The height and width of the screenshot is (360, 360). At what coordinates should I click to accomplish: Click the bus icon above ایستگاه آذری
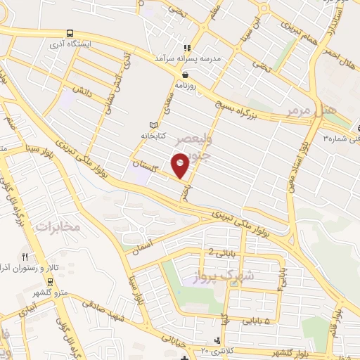69,32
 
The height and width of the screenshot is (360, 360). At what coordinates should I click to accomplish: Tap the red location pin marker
181,166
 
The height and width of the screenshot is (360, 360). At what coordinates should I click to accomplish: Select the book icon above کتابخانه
154,124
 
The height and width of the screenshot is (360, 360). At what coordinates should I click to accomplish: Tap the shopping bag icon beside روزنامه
185,74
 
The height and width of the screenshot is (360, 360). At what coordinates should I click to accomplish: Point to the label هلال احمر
340,63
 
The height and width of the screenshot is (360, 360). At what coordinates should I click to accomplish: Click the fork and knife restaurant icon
26,257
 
